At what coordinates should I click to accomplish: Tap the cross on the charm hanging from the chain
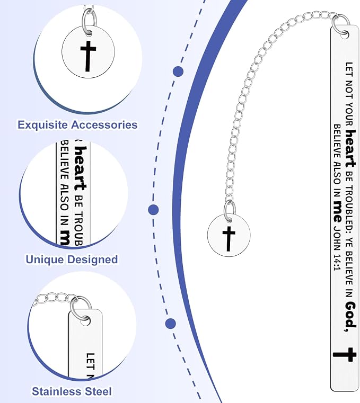click(229, 239)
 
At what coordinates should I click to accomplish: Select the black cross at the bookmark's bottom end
click(345, 355)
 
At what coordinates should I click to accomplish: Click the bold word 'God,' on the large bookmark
click(350, 316)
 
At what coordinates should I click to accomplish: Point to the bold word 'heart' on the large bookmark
click(350, 148)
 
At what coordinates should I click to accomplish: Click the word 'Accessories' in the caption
click(104, 125)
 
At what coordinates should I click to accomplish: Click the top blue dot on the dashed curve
click(178, 71)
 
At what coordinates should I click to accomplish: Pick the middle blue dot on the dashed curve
click(153, 210)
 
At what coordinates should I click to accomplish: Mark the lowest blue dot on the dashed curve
click(171, 324)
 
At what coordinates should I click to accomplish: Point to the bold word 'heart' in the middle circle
click(80, 168)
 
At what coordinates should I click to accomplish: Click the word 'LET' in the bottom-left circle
click(90, 362)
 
